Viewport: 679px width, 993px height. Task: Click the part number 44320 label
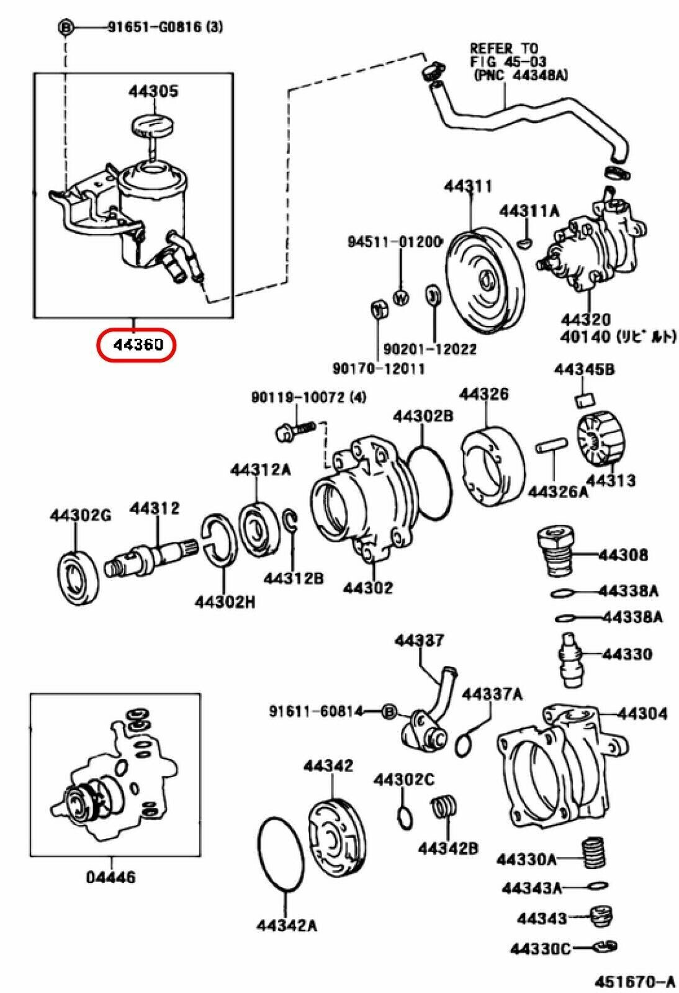(x=585, y=320)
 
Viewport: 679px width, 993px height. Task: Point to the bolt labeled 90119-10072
(x=294, y=429)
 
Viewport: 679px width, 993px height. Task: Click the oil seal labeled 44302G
(x=78, y=577)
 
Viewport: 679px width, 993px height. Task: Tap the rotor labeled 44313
(x=600, y=439)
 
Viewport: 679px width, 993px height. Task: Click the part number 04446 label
(x=111, y=878)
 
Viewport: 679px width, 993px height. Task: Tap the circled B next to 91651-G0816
(x=66, y=27)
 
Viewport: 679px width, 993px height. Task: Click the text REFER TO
(x=504, y=48)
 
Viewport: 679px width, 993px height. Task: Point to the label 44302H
(x=225, y=601)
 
